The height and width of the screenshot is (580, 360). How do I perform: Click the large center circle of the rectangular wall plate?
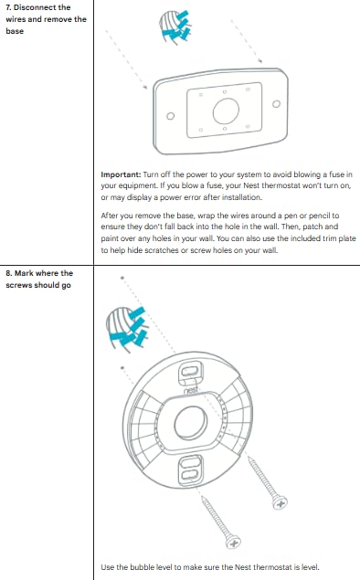click(221, 111)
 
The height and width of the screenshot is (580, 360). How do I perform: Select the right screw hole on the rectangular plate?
click(274, 105)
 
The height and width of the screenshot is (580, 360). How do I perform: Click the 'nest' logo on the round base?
click(190, 391)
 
